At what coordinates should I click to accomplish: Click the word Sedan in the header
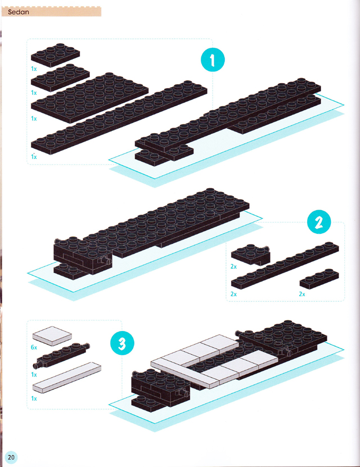19,12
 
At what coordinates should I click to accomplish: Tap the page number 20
11,457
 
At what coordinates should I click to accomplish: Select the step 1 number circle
213,60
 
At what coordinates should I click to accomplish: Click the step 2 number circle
319,222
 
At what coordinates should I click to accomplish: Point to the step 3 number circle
122,343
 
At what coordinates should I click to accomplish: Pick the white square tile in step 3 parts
52,336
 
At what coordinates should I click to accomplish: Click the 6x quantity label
34,347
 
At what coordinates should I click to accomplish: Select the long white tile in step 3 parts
67,378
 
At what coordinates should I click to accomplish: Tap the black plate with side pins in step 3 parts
61,355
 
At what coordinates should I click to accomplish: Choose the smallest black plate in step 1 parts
56,55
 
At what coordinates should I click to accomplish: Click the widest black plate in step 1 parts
89,97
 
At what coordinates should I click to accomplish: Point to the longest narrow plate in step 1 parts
119,117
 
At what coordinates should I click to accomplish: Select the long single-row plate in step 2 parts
285,265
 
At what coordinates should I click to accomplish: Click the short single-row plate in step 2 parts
319,279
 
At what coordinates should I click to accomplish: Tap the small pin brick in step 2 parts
251,255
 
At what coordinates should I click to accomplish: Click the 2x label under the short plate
302,294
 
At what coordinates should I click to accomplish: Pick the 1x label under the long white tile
34,398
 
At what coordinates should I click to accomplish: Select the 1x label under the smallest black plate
34,69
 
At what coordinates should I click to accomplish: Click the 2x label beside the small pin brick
233,266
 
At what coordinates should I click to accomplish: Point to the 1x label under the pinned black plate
34,375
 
